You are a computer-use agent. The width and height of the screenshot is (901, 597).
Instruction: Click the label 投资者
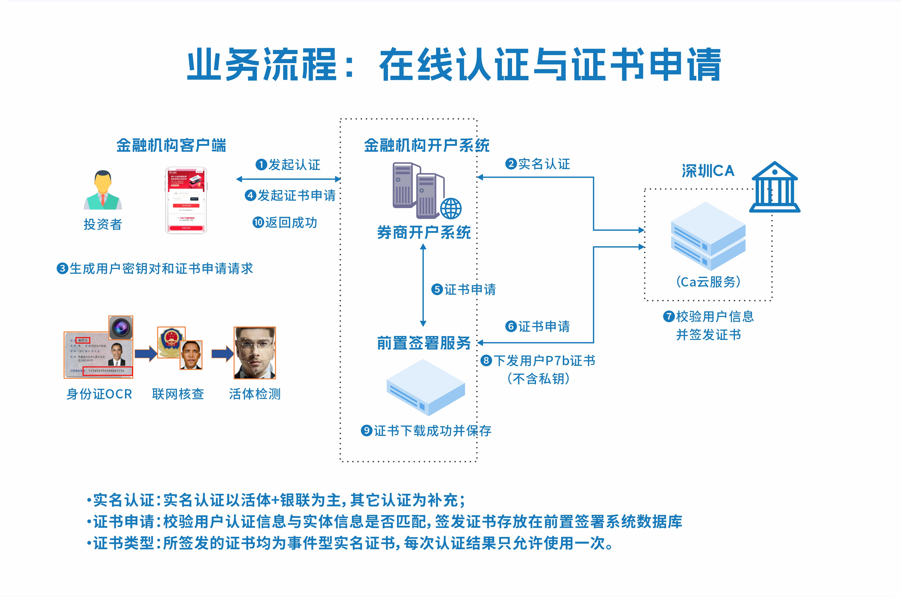[x=103, y=224]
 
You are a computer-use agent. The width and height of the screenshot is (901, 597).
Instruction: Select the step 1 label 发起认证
[x=288, y=165]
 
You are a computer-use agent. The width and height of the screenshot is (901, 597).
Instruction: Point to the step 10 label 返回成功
[x=285, y=222]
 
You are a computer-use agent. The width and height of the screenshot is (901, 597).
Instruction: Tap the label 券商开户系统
[x=424, y=232]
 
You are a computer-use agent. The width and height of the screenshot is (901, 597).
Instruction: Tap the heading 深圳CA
[x=708, y=171]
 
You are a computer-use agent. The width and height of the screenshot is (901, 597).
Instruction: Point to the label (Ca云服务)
[x=708, y=282]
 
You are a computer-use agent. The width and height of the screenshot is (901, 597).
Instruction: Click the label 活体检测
[x=255, y=394]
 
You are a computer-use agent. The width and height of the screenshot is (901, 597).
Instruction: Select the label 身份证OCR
[x=99, y=394]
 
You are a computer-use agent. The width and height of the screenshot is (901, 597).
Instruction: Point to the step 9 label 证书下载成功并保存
[x=426, y=431]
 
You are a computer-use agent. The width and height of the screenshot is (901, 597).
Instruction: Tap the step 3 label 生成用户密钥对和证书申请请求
[x=155, y=268]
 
